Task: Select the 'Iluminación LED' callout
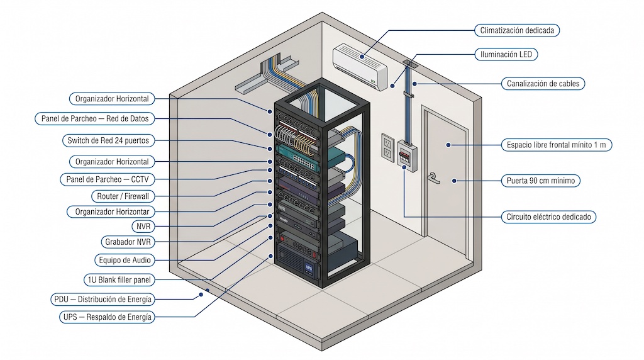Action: [x=506, y=55]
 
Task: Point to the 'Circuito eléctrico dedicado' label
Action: [x=548, y=217]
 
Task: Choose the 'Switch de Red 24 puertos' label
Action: [x=108, y=140]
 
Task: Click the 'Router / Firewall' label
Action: [x=123, y=196]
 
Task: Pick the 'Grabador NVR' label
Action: [x=128, y=242]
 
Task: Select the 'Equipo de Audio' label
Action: [x=125, y=260]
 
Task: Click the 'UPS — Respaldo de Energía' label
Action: [x=106, y=317]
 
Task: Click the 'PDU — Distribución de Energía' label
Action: [x=103, y=299]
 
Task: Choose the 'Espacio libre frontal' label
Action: [x=557, y=145]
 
